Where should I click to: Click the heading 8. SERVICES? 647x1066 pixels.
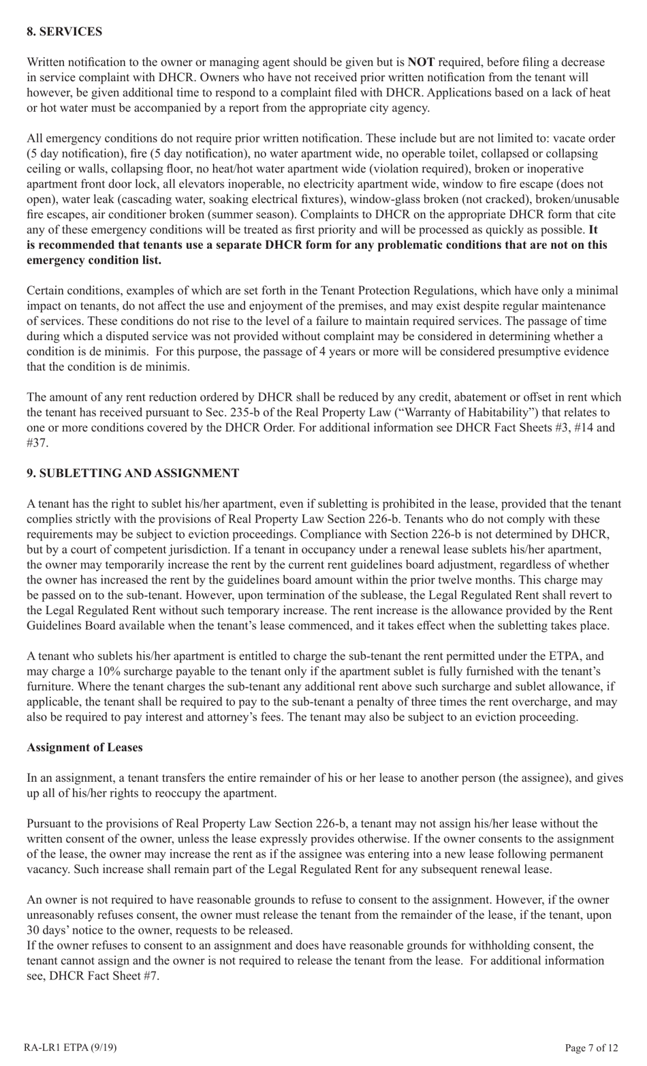pos(64,31)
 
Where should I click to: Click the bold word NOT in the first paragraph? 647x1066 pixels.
pos(421,62)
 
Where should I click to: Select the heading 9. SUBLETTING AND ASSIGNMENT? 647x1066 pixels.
pos(133,473)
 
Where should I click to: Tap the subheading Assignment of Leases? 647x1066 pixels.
pos(84,747)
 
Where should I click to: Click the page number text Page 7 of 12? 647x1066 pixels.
pos(591,1048)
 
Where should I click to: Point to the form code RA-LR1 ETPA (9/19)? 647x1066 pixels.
pos(65,1048)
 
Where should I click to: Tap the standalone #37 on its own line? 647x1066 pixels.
pos(37,442)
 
